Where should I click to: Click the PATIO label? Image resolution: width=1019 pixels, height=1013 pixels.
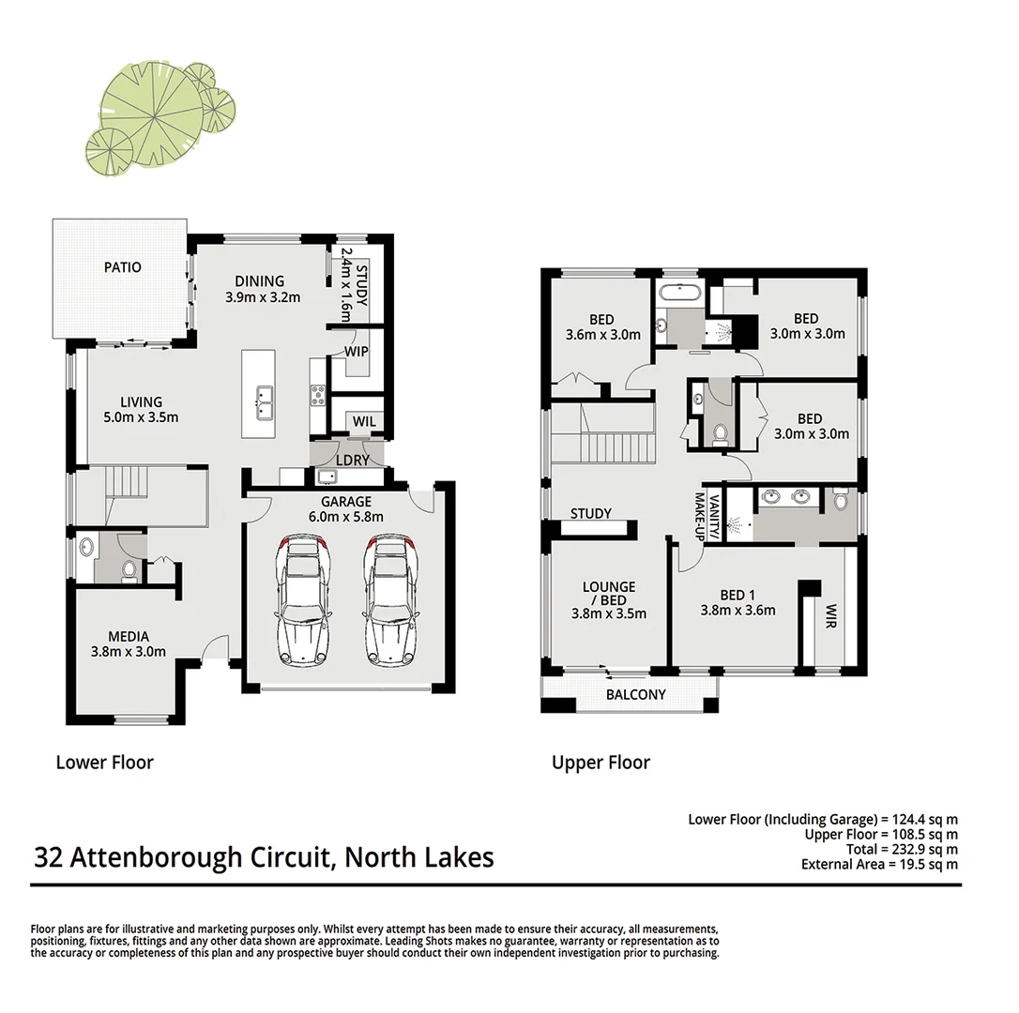click(x=123, y=267)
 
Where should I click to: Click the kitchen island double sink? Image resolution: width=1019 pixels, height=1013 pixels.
click(x=260, y=403)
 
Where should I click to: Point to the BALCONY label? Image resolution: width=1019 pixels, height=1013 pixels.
click(x=635, y=695)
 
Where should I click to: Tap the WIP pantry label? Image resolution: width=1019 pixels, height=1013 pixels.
click(x=357, y=352)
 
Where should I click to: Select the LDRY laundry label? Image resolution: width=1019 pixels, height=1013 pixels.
click(x=352, y=460)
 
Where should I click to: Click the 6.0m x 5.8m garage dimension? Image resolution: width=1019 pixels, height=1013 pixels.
click(x=346, y=517)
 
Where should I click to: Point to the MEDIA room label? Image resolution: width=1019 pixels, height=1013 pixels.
click(x=128, y=637)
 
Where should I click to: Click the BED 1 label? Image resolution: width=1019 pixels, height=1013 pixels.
click(x=738, y=595)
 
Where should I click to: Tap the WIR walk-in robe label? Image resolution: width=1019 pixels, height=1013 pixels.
click(x=830, y=615)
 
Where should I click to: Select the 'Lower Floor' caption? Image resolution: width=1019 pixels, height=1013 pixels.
click(x=104, y=762)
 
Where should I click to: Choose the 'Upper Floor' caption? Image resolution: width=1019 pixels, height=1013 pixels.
click(x=601, y=763)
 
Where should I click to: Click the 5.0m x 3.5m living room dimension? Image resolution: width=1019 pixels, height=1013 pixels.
click(x=141, y=417)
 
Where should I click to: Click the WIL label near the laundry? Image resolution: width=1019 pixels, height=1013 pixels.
click(x=364, y=422)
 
